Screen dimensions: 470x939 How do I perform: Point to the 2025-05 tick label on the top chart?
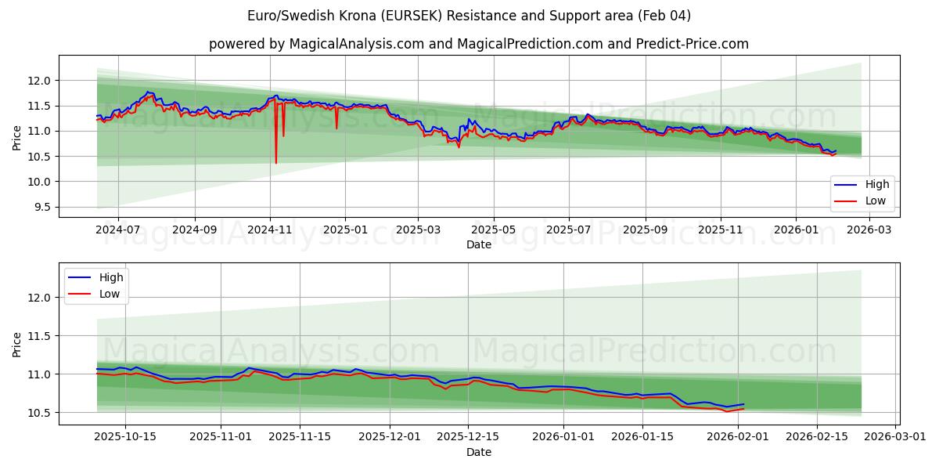[494, 230]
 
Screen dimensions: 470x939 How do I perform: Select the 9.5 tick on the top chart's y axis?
[40, 208]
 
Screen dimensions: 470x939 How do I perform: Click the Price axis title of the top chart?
[17, 137]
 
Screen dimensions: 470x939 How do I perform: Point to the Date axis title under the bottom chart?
[479, 452]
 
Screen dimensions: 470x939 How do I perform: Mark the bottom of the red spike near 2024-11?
[276, 163]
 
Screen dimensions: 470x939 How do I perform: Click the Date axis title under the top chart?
[479, 244]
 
